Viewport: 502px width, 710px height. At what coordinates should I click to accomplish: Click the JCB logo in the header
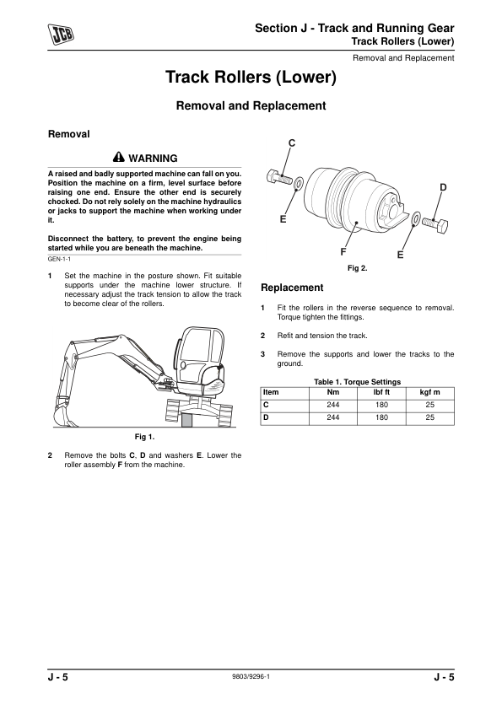pyautogui.click(x=62, y=35)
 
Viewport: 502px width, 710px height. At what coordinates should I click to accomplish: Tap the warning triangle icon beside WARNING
pyautogui.click(x=118, y=157)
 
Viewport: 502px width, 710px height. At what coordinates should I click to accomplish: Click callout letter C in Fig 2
pyautogui.click(x=292, y=143)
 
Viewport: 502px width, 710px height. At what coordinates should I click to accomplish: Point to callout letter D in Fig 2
pyautogui.click(x=443, y=187)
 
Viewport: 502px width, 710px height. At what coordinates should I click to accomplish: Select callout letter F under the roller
pyautogui.click(x=343, y=251)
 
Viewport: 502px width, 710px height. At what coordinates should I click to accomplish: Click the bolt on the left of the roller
pyautogui.click(x=279, y=177)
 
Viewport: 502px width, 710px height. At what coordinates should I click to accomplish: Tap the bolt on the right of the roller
pyautogui.click(x=435, y=223)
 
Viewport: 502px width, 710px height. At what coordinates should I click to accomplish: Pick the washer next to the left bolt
pyautogui.click(x=299, y=185)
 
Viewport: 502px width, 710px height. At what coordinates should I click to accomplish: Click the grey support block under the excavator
pyautogui.click(x=187, y=419)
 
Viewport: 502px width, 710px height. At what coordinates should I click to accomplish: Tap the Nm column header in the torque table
pyautogui.click(x=333, y=393)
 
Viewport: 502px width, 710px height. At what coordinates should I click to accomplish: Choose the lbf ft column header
pyautogui.click(x=381, y=393)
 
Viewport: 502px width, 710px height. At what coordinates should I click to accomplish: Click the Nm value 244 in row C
pyautogui.click(x=333, y=405)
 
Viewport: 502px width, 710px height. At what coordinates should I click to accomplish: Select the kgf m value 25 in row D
pyautogui.click(x=430, y=417)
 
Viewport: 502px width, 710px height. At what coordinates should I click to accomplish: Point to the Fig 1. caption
pyautogui.click(x=144, y=437)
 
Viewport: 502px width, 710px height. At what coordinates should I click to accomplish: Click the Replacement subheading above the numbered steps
pyautogui.click(x=292, y=288)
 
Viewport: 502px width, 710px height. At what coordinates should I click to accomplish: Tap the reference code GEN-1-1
pyautogui.click(x=59, y=259)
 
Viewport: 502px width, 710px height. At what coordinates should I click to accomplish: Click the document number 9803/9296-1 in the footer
pyautogui.click(x=251, y=676)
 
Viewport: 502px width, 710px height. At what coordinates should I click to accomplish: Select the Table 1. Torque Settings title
pyautogui.click(x=358, y=382)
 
